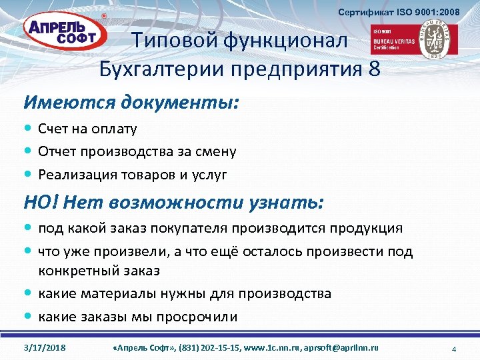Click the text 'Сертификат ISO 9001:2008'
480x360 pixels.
click(x=399, y=12)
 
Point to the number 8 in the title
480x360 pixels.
click(x=373, y=68)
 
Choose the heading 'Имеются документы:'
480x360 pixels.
click(x=132, y=103)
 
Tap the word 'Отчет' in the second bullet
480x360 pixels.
click(x=57, y=151)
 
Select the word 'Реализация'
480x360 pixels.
click(x=75, y=175)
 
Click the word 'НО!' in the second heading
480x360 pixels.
click(x=41, y=202)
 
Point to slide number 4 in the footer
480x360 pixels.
click(x=453, y=349)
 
